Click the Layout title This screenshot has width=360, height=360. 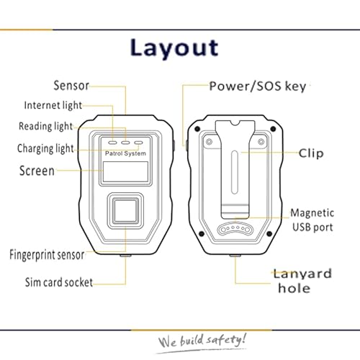coord(174,48)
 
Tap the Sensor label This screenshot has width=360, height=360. coord(71,86)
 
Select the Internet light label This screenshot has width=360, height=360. coord(53,105)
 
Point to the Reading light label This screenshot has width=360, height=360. coord(45,126)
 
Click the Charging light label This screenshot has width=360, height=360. coord(45,148)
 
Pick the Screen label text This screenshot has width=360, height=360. coord(37,171)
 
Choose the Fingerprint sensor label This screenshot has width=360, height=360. coord(47,255)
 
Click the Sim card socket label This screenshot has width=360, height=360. coord(59,282)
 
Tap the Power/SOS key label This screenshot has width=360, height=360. coord(258,86)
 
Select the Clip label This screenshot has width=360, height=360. coord(311,153)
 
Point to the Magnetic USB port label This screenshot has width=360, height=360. coord(312,220)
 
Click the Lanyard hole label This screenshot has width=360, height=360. coord(302,281)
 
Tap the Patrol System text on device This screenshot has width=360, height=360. coord(125,153)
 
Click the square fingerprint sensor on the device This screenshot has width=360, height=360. coord(125,210)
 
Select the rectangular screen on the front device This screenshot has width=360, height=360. coord(125,172)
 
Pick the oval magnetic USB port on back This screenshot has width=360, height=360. coord(235,230)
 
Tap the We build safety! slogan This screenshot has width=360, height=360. coord(202,341)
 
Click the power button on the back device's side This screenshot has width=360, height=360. coord(186,145)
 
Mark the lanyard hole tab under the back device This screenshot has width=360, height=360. coord(235,256)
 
